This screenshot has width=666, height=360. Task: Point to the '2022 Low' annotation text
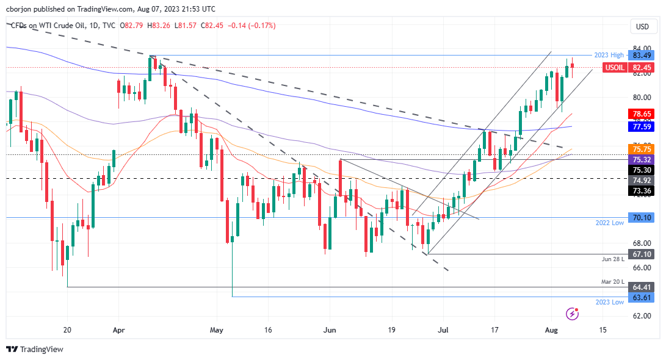coord(610,223)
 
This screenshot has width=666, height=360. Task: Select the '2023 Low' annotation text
coord(610,303)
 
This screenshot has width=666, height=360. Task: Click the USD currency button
coord(642,26)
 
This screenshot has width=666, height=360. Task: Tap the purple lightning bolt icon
coord(573,314)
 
